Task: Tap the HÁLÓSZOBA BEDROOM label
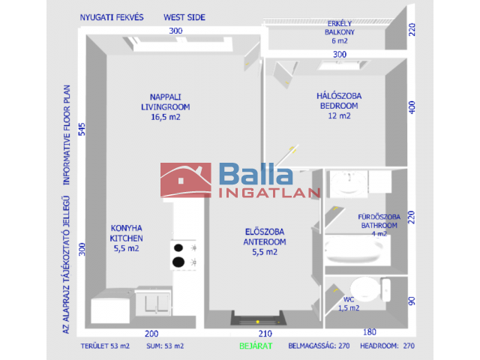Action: [339, 106]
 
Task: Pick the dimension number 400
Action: [411, 107]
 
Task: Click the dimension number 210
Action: [264, 333]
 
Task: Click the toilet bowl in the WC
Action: [366, 289]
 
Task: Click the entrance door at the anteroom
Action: [257, 319]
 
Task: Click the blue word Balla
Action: [255, 174]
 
